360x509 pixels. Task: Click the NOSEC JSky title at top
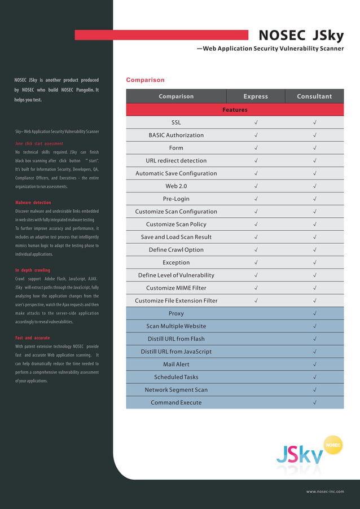point(301,36)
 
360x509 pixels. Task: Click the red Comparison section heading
point(145,80)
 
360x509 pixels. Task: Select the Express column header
point(256,96)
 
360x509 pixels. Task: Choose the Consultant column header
point(314,96)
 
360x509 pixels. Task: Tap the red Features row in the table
point(235,110)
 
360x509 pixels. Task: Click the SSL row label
point(176,122)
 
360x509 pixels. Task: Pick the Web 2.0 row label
point(176,186)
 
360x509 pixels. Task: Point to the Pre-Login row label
point(176,199)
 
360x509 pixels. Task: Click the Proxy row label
point(176,313)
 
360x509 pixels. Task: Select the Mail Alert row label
point(176,365)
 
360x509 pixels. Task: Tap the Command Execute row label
point(176,402)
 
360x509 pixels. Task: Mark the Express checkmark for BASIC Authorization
point(256,135)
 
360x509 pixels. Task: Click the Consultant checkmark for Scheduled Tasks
point(314,377)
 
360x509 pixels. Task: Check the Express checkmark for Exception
point(256,262)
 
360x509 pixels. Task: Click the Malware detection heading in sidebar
point(33,203)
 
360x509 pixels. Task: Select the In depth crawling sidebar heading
point(32,270)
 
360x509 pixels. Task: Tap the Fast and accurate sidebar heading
point(32,338)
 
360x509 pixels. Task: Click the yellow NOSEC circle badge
point(333,445)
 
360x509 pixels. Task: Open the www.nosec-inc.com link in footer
point(324,492)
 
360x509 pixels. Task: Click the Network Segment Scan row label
point(176,390)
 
